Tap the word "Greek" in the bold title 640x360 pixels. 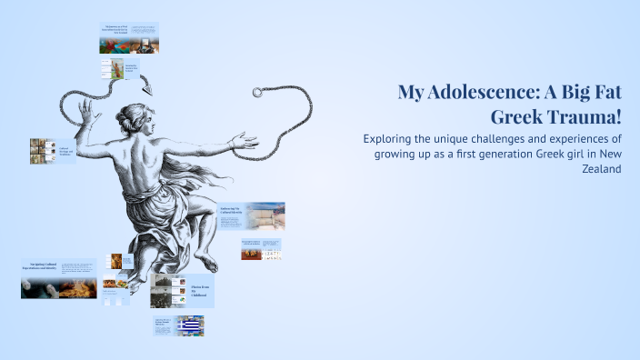click(518, 117)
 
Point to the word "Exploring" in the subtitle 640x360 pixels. click(391, 138)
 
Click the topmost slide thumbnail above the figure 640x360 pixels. click(128, 38)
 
